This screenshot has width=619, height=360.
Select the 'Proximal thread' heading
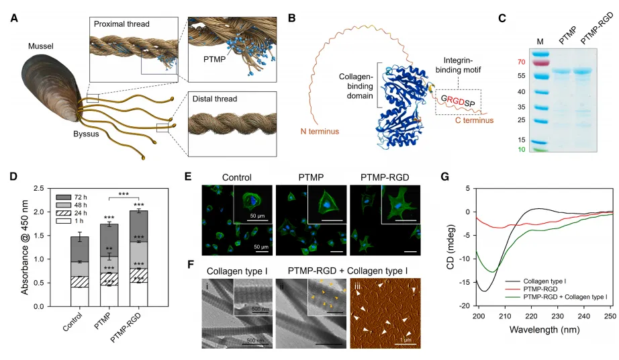click(121, 25)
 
